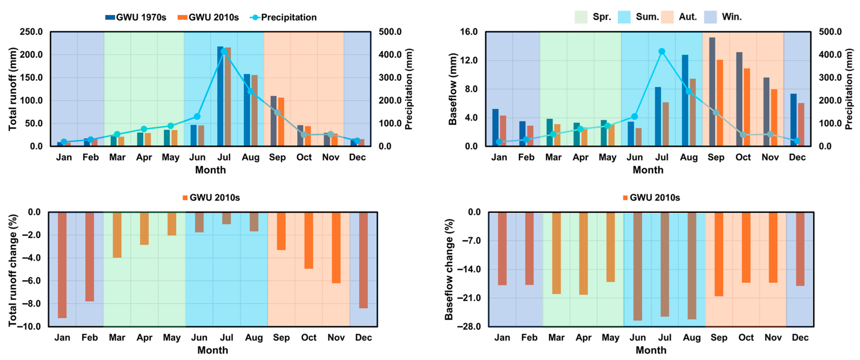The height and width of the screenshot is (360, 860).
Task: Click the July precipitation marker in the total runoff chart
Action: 224,51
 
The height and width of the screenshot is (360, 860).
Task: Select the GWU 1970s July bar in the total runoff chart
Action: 220,96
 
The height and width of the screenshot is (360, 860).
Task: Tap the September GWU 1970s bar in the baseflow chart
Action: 712,92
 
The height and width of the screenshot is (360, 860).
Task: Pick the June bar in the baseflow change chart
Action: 638,266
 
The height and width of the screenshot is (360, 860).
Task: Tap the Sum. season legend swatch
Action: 624,17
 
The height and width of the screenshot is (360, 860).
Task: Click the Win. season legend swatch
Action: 710,17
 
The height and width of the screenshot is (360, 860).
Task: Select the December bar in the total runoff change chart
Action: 363,260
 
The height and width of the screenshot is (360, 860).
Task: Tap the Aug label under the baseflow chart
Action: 689,157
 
